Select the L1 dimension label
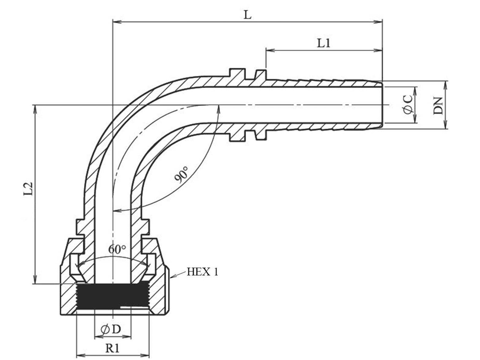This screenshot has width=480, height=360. coord(324,43)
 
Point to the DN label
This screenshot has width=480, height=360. coord(438,106)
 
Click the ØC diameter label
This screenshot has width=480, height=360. coord(408,104)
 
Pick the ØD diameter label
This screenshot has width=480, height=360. coord(111,329)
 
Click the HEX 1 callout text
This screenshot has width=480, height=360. coord(202,272)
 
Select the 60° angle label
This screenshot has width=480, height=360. coord(117,249)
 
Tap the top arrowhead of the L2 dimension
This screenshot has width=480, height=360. coord(35,109)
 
